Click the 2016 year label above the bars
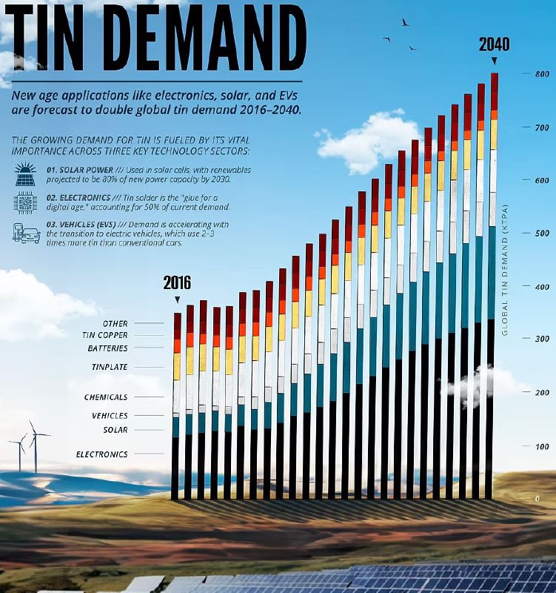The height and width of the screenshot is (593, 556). [177, 282]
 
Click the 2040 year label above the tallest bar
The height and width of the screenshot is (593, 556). [494, 44]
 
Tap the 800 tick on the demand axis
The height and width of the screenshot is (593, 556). [542, 74]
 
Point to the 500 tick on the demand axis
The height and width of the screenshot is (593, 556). [542, 233]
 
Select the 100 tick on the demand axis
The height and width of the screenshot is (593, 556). [542, 446]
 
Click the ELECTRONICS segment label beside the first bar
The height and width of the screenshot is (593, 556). [101, 454]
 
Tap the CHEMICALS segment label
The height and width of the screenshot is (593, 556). [105, 397]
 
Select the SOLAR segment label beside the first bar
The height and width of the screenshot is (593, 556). [115, 430]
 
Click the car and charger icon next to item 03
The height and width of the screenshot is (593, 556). [26, 233]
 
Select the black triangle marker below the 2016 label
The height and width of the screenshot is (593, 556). [177, 299]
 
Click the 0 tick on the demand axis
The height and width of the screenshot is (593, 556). [538, 499]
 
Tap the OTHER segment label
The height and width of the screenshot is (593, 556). [115, 324]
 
